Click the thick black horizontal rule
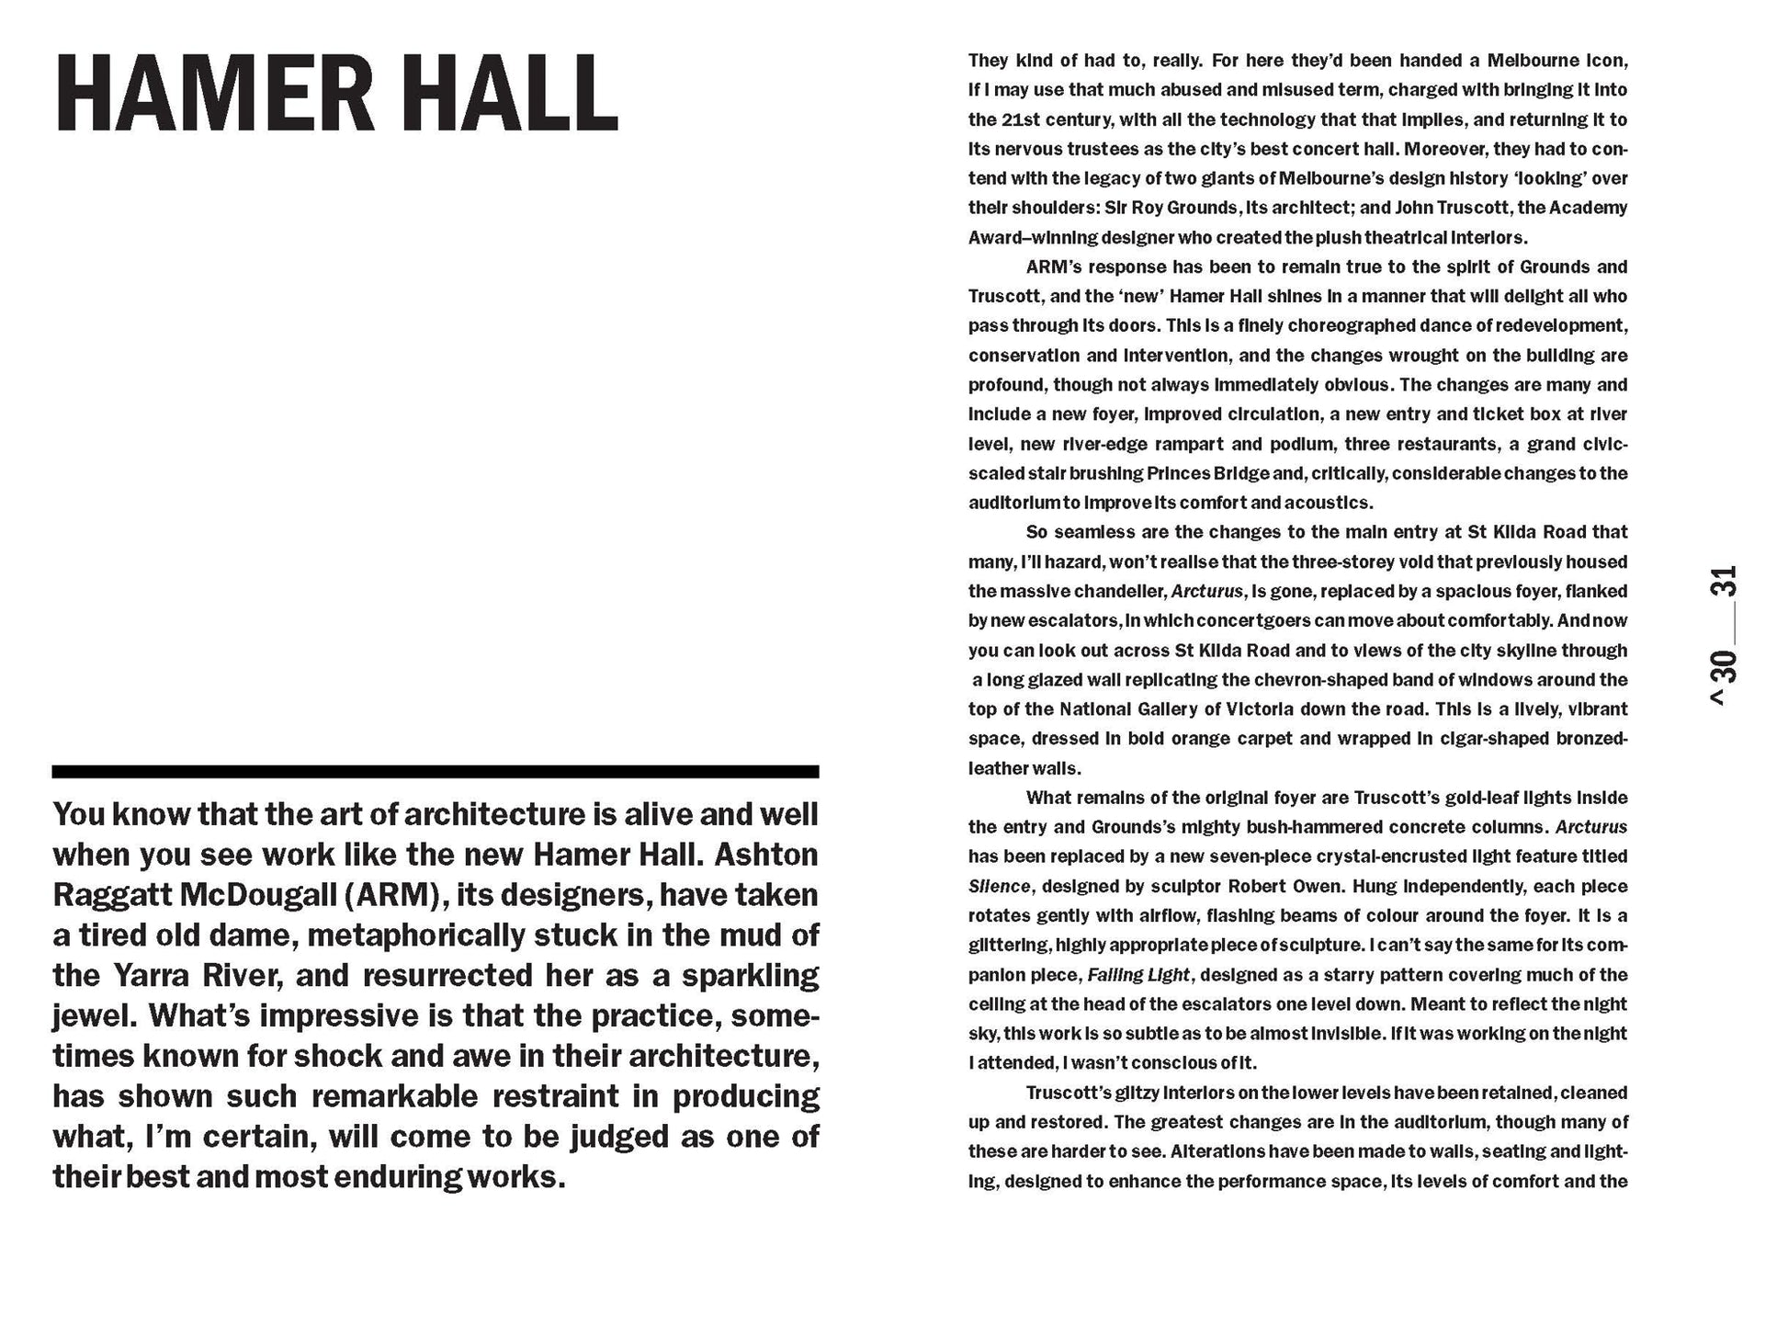point(435,772)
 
